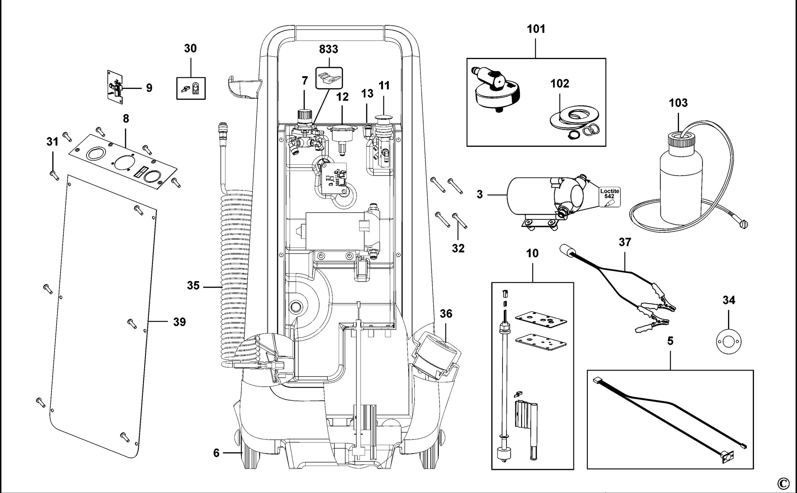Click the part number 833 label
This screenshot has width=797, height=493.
[329, 49]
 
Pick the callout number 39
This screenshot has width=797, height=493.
[179, 322]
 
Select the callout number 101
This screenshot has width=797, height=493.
[536, 29]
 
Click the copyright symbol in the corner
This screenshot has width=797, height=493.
[783, 483]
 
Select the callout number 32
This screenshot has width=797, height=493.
[458, 248]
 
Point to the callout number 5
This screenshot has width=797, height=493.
[670, 341]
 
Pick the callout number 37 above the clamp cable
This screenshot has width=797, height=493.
[625, 242]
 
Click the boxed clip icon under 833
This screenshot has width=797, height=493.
[329, 77]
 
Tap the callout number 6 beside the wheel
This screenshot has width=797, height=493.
[216, 453]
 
